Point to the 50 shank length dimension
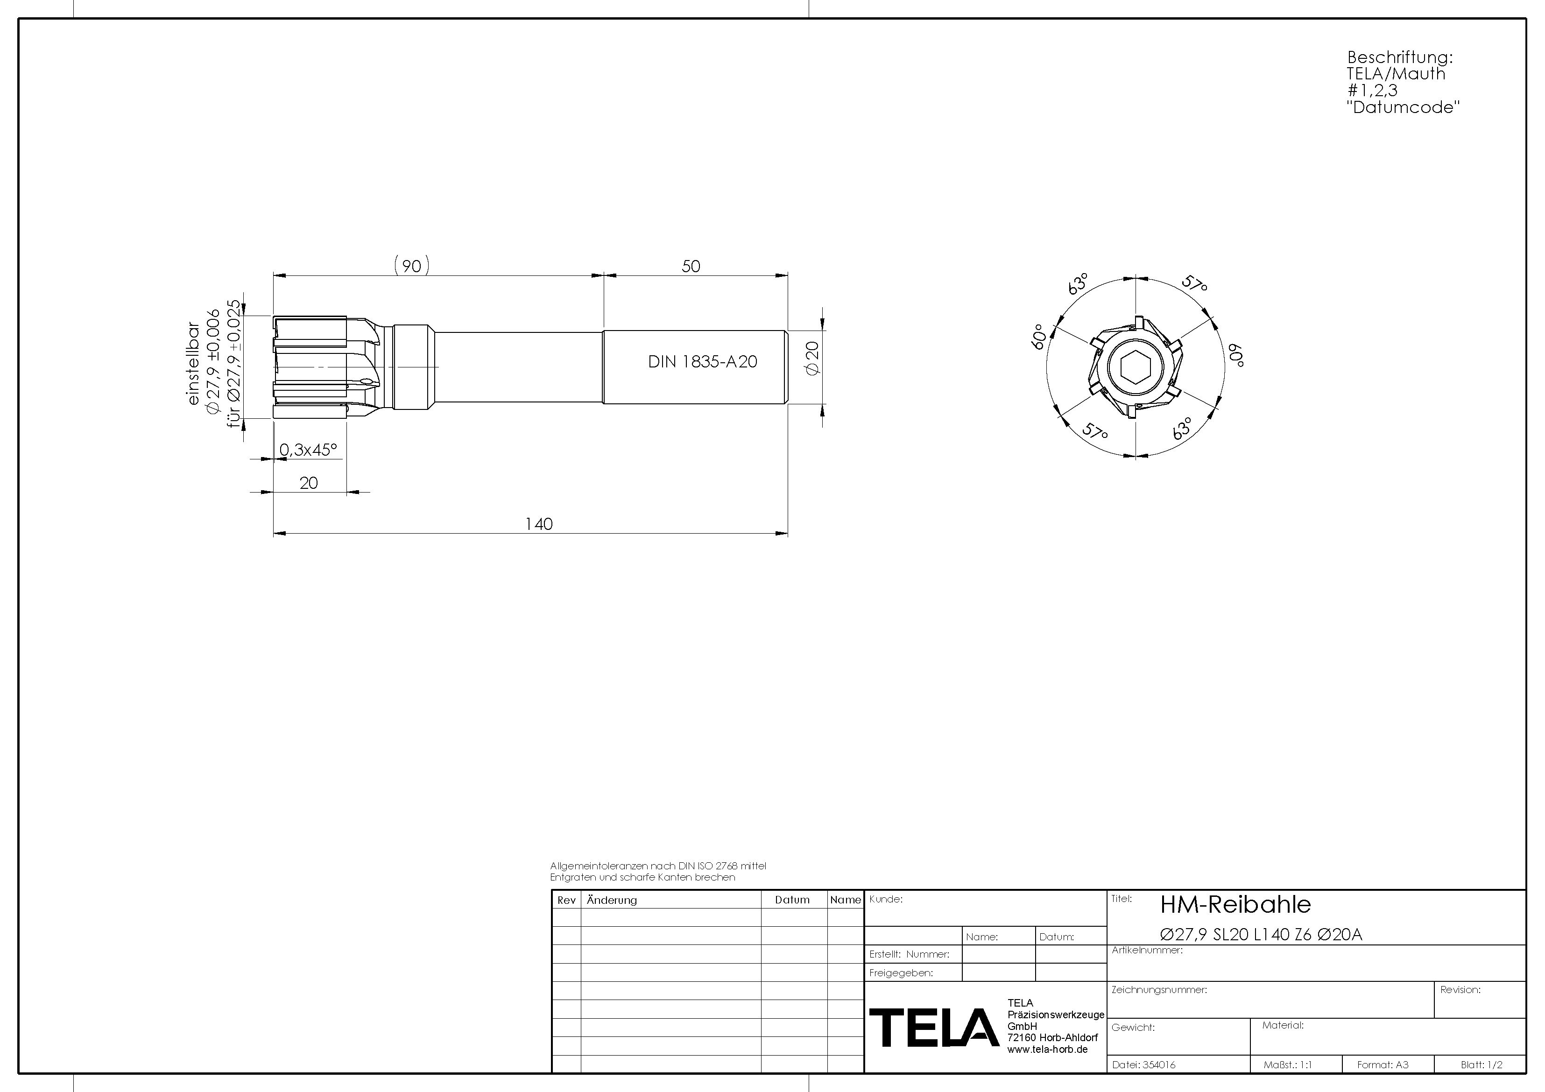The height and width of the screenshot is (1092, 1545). click(691, 267)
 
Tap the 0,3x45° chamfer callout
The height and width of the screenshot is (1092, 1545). click(308, 450)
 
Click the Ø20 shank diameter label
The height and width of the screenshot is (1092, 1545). click(812, 358)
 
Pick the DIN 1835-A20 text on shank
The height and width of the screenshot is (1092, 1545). click(703, 362)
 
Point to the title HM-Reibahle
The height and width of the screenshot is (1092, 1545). click(1235, 905)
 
